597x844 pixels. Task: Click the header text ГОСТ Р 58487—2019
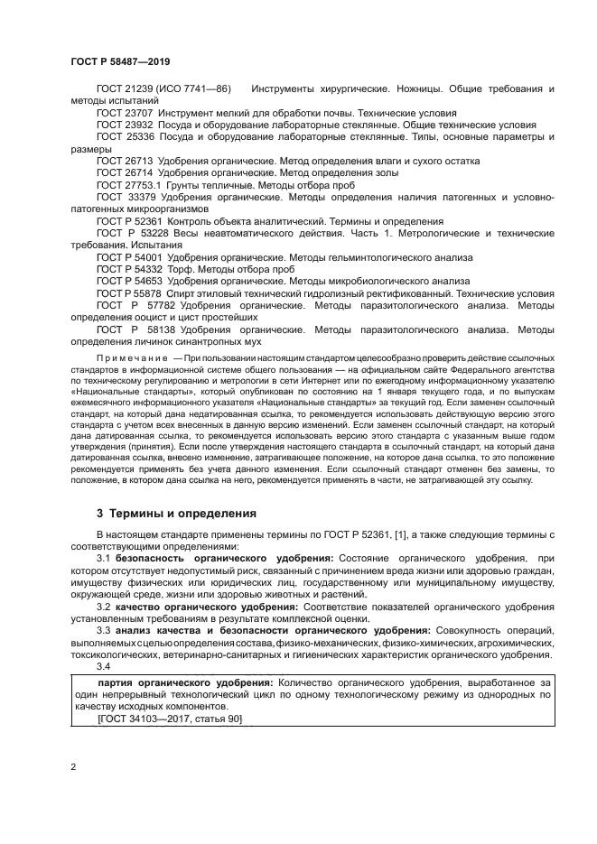tap(119, 61)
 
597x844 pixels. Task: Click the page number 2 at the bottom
tap(72, 768)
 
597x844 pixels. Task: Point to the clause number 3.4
tap(105, 665)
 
